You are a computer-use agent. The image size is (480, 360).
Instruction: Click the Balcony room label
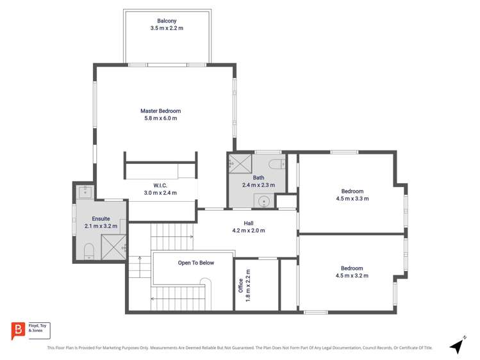point(167,21)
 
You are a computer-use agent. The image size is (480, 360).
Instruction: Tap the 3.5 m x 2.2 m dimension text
point(167,29)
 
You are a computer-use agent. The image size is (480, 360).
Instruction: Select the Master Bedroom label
point(160,111)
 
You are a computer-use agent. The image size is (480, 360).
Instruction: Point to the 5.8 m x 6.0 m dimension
point(160,119)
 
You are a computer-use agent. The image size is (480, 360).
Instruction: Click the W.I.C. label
point(160,185)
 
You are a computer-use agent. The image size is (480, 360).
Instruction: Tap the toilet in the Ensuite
point(89,250)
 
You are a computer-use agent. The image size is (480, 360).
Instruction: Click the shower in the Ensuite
point(113,247)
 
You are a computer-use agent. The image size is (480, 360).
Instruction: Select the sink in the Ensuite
point(85,190)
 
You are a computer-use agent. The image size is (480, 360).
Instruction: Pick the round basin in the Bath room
point(263,201)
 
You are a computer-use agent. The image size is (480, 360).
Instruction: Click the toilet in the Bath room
point(276,164)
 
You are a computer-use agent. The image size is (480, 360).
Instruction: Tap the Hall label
point(248,223)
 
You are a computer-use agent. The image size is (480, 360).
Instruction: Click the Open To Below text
point(196,263)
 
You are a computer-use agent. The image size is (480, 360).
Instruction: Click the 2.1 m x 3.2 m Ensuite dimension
point(101,226)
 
